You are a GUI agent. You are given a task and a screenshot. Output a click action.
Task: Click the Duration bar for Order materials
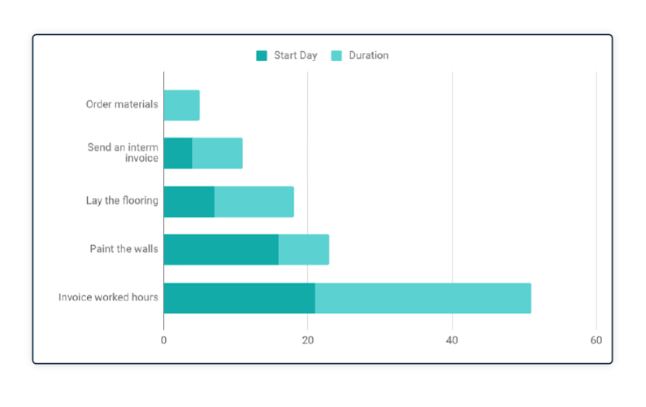click(x=181, y=106)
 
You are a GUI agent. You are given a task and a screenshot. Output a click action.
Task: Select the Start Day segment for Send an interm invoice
click(x=178, y=153)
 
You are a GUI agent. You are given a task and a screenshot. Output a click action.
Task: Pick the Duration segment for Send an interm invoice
click(x=217, y=153)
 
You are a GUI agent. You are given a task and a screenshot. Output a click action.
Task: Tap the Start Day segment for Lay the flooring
click(x=189, y=201)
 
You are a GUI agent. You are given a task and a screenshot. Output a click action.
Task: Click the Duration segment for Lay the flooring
click(x=254, y=201)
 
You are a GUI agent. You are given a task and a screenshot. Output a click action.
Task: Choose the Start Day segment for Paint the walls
click(x=221, y=249)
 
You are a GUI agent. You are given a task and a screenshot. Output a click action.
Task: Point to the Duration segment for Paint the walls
click(x=304, y=249)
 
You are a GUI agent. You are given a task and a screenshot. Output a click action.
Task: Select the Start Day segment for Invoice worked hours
click(x=239, y=298)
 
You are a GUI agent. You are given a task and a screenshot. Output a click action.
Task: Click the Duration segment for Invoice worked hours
click(x=423, y=298)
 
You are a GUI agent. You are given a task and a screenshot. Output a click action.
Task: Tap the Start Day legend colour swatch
click(x=262, y=56)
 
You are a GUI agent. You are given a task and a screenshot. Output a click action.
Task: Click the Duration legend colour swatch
click(x=336, y=56)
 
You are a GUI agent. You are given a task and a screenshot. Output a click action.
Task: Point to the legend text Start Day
click(x=295, y=56)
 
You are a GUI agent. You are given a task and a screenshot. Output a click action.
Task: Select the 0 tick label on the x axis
click(x=163, y=339)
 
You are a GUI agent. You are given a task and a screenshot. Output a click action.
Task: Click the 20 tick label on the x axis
click(x=307, y=339)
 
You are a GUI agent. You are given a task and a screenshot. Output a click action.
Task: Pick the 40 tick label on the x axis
click(x=452, y=339)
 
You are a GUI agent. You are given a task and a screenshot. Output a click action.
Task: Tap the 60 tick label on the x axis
click(x=596, y=339)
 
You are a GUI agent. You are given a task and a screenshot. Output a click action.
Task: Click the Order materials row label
click(x=122, y=104)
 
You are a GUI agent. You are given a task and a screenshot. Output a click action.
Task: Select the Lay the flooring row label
click(x=122, y=200)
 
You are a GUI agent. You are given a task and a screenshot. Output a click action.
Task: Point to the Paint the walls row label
click(x=124, y=248)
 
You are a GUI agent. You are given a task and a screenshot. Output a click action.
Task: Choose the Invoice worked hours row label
click(x=108, y=297)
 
